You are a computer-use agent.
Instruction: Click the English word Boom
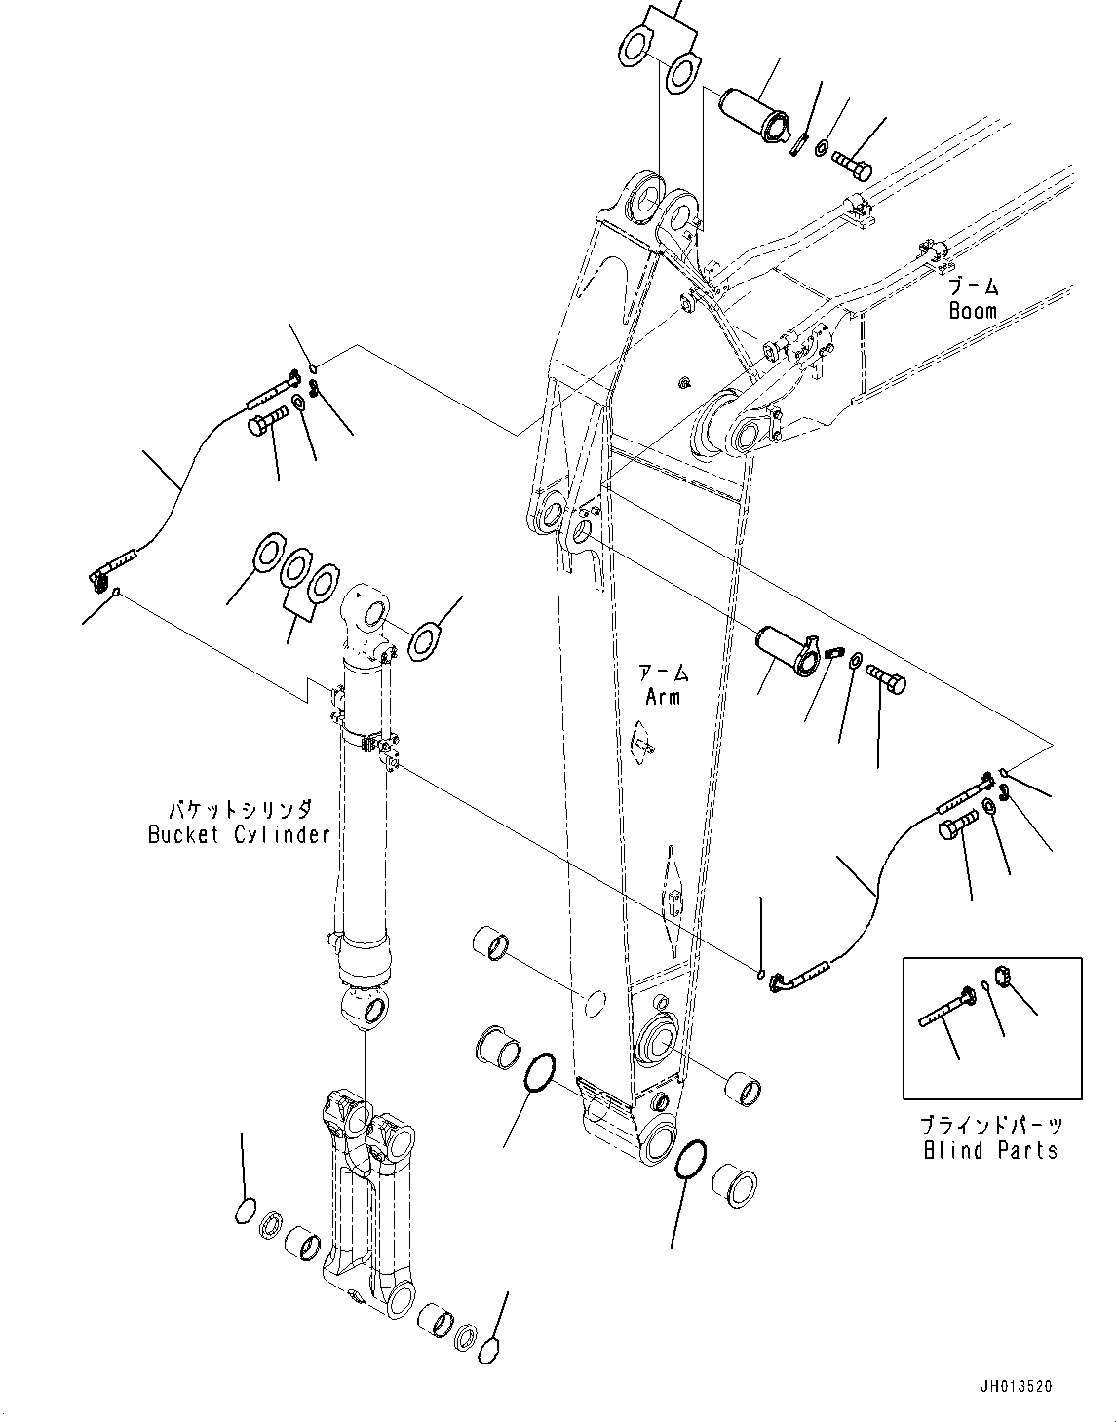pyautogui.click(x=973, y=311)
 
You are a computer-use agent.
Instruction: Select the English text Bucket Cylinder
pyautogui.click(x=239, y=834)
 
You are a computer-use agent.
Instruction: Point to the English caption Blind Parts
pyautogui.click(x=990, y=1150)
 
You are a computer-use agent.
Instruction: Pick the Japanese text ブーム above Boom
pyautogui.click(x=975, y=288)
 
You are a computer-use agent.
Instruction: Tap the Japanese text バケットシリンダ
pyautogui.click(x=240, y=810)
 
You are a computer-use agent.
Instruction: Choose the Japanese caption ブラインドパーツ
pyautogui.click(x=990, y=1126)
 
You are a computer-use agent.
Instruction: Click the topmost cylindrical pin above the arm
pyautogui.click(x=752, y=114)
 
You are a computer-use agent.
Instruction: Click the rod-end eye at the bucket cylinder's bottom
pyautogui.click(x=365, y=1008)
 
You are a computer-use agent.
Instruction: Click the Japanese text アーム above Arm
pyautogui.click(x=663, y=673)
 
